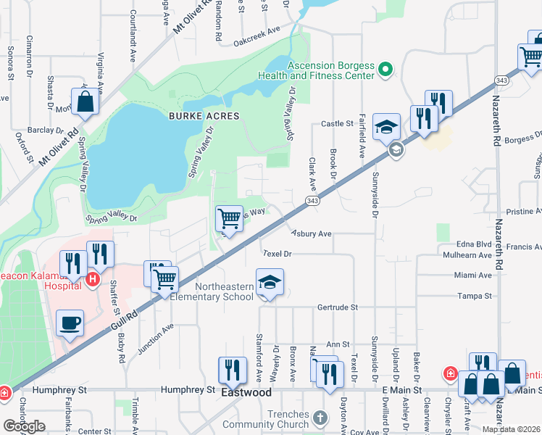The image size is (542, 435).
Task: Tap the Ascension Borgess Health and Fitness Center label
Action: coord(331,70)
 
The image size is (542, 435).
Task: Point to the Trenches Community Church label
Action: coord(266,419)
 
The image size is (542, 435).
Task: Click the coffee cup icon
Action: coord(70,324)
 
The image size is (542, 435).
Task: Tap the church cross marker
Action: coord(321,418)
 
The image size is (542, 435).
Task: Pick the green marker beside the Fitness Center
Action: coord(385,70)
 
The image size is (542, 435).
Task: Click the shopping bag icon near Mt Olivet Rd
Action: coord(85,103)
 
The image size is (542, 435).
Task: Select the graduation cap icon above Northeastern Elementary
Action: coord(270,282)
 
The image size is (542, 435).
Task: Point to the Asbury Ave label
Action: coord(311,234)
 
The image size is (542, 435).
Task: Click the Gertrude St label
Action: coord(338,307)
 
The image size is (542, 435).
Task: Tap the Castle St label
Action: coord(336,124)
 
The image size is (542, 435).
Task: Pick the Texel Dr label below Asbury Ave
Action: coord(277,254)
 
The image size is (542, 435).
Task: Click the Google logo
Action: coord(24,426)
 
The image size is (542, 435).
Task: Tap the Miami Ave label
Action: coord(474,275)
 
